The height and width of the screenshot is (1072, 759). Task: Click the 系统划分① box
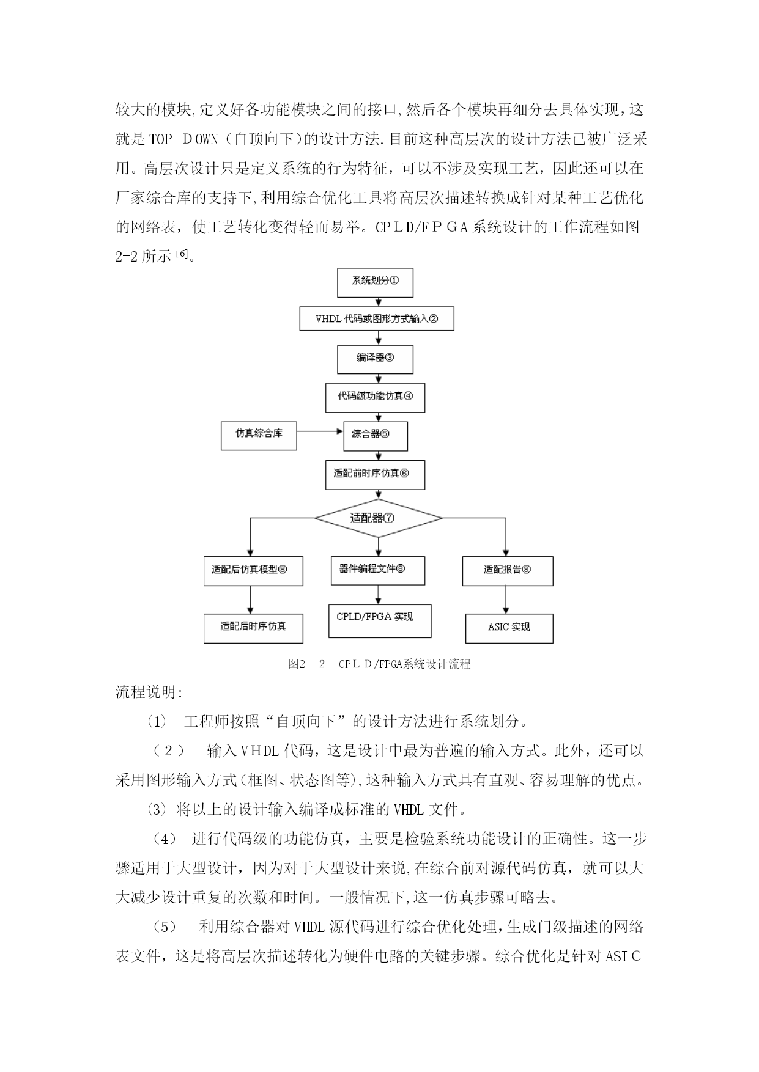(x=375, y=282)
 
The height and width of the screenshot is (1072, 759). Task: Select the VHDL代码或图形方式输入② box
(x=377, y=319)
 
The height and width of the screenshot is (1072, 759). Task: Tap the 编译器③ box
(x=375, y=359)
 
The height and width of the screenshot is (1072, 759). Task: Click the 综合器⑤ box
(x=376, y=436)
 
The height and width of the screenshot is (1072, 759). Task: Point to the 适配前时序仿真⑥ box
(x=375, y=475)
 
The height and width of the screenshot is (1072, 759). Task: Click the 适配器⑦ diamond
(x=379, y=518)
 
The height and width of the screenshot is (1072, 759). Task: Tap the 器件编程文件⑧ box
(x=378, y=570)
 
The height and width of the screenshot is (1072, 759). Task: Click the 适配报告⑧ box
(x=508, y=571)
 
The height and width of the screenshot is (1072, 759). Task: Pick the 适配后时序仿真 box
(x=253, y=628)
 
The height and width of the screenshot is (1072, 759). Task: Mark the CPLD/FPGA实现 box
(x=380, y=621)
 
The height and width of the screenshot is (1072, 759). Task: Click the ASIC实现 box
(x=509, y=628)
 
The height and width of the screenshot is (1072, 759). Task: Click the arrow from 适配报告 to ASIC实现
(x=506, y=600)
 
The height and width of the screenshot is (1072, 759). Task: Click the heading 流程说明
(x=149, y=692)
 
